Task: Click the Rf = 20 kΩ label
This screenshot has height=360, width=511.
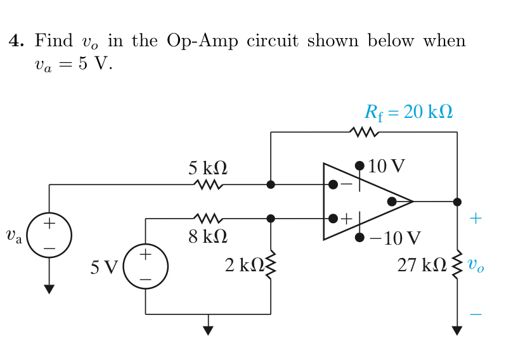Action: pos(408,112)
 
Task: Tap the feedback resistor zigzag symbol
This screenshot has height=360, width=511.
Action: pos(364,132)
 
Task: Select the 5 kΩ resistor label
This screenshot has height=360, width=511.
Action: pos(208,168)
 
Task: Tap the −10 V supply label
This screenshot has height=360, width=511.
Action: pos(394,238)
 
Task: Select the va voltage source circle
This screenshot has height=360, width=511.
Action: pos(49,235)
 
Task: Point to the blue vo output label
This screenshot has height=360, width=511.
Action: pos(476,265)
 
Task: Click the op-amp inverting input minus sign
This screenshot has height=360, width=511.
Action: pos(346,184)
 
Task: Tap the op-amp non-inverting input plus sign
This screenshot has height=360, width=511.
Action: pos(346,219)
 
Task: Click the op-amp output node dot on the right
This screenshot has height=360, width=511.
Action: pos(457,202)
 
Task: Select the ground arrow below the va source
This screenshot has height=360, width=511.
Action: pos(49,289)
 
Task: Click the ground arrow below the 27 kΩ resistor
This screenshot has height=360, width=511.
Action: pos(457,330)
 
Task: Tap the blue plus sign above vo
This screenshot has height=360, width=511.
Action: pos(476,219)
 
